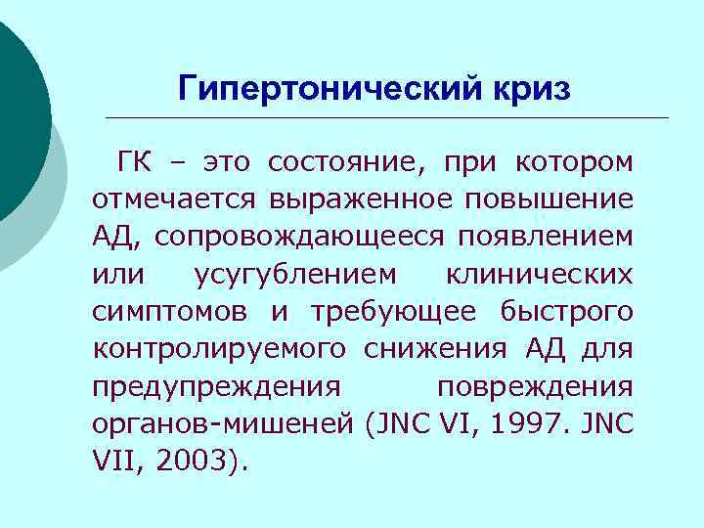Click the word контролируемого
220,349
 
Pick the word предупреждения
216,386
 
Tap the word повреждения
535,386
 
